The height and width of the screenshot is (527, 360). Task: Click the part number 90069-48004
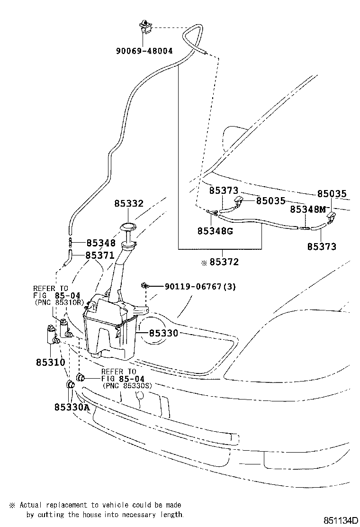[x=144, y=50]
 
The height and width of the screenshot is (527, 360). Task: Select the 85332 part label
[x=128, y=204]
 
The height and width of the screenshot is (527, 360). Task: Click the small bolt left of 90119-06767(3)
[x=144, y=286]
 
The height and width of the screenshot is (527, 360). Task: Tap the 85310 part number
[x=50, y=362]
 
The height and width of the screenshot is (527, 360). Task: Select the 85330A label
[x=72, y=407]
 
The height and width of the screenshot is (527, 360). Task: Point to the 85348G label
[x=215, y=231]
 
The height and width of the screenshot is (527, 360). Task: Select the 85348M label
[x=308, y=209]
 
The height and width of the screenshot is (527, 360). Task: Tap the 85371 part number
[x=100, y=255]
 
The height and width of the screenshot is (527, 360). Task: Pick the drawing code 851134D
[x=340, y=520]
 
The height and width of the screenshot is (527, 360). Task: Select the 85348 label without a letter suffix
[x=100, y=243]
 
